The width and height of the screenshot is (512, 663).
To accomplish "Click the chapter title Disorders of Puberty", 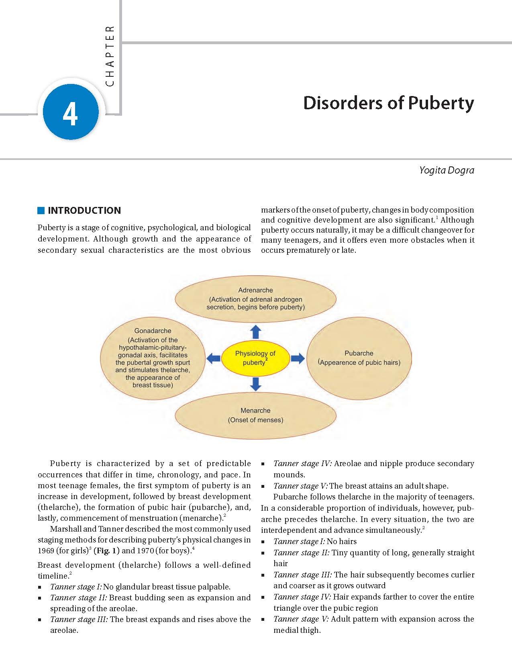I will [388, 103].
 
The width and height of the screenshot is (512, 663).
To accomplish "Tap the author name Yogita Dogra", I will [447, 170].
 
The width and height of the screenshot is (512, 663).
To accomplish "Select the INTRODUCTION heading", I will [84, 211].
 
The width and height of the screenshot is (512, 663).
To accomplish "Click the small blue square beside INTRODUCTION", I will [41, 211].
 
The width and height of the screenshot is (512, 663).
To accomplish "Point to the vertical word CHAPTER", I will [110, 56].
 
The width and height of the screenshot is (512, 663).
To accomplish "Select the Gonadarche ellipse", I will [153, 358].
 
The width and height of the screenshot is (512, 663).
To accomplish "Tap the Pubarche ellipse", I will [359, 358].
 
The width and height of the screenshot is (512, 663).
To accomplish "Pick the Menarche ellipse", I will [255, 415].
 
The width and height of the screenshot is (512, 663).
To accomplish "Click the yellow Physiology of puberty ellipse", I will [255, 357].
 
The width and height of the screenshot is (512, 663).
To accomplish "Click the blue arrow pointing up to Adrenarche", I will [255, 332].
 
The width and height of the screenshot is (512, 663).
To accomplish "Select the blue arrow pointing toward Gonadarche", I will [213, 358].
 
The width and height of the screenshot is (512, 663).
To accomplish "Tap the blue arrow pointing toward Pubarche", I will [298, 358].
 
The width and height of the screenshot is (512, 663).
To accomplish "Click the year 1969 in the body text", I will [46, 550].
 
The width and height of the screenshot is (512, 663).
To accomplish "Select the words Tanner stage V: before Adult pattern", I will [301, 619].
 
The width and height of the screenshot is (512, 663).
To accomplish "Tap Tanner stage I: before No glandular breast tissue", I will [76, 587].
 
